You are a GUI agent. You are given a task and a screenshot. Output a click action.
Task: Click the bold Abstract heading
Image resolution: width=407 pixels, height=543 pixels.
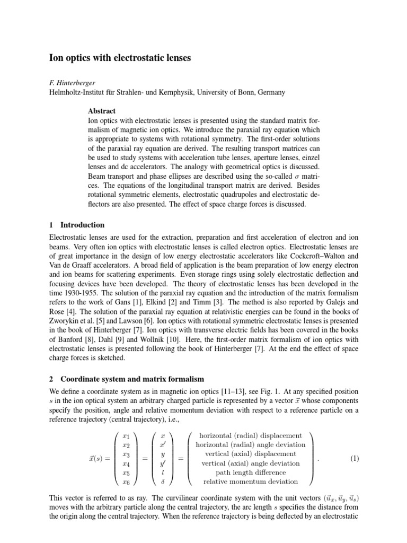[x=101, y=111]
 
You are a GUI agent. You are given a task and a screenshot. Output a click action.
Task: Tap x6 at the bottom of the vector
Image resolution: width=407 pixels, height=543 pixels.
[x=126, y=481]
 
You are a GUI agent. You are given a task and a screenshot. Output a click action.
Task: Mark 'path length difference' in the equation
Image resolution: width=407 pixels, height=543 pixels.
[x=251, y=472]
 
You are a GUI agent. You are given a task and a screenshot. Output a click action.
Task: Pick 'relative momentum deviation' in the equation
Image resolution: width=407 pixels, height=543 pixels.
[x=251, y=481]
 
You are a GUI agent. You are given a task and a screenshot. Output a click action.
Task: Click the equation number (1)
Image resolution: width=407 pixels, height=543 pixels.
[x=354, y=459]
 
